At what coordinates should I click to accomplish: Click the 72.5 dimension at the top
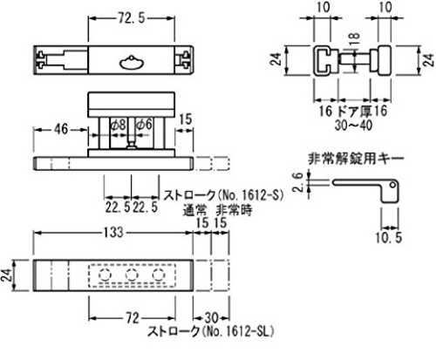click(x=131, y=18)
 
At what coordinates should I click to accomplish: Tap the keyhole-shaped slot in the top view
click(x=131, y=63)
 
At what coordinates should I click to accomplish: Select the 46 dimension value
click(x=61, y=129)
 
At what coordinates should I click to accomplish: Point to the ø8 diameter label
click(x=119, y=126)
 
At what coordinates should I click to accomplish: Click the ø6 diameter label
click(x=145, y=125)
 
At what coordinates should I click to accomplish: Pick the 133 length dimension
click(x=113, y=233)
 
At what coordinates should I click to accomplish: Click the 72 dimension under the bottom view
click(x=132, y=318)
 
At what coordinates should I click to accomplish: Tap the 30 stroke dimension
click(x=211, y=318)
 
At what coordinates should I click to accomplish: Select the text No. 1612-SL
click(x=238, y=331)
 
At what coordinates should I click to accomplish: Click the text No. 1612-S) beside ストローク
click(x=251, y=195)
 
